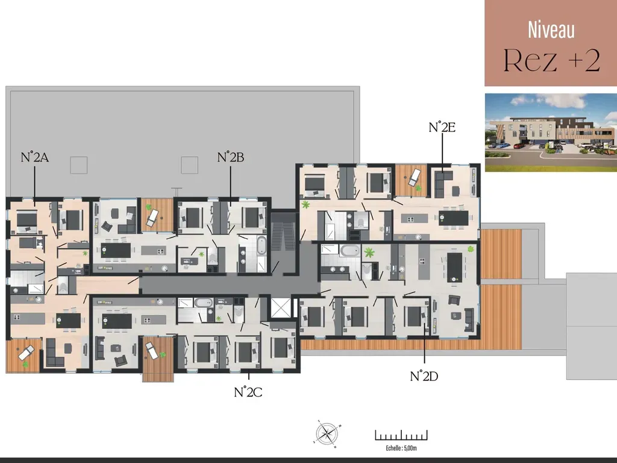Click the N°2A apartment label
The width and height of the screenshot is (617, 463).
tap(34, 157)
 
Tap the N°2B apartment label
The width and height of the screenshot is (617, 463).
tap(231, 157)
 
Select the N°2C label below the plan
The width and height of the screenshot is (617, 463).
tap(248, 392)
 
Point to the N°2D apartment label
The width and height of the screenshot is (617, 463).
tap(424, 376)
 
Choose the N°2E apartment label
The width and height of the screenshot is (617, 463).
tap(442, 127)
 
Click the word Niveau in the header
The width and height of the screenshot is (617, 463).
tap(551, 30)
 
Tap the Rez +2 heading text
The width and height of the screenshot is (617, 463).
tap(552, 60)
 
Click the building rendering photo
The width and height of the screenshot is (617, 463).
tap(551, 132)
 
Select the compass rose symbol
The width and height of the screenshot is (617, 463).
tap(327, 434)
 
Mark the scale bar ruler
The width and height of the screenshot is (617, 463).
tap(401, 435)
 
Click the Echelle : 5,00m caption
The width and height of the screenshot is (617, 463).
tap(401, 448)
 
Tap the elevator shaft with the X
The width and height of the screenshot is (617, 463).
tap(281, 307)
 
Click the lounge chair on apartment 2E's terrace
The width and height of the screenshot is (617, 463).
tap(414, 177)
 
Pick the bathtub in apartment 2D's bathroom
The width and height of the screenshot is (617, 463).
tap(350, 250)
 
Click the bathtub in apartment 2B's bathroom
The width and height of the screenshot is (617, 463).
tap(261, 245)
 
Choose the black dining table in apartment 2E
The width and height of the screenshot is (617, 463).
tap(454, 218)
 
